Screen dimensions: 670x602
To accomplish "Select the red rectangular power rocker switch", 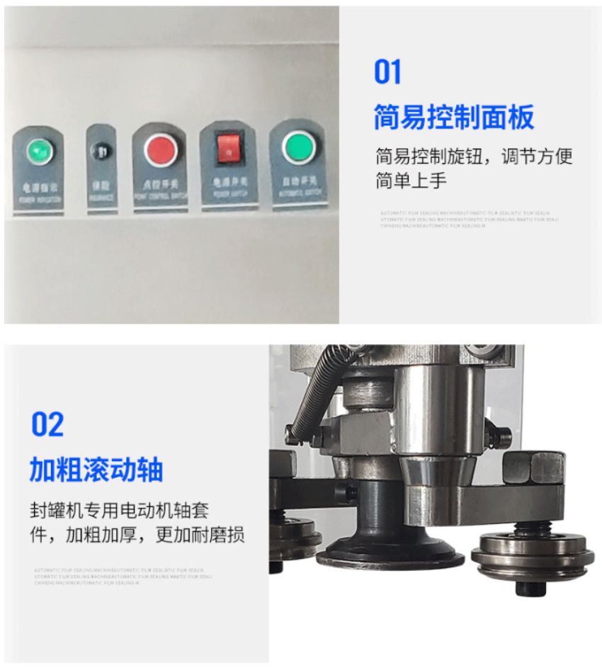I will click(x=229, y=147).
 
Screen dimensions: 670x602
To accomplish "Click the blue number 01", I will click(x=387, y=72).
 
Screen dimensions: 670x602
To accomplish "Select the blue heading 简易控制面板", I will click(x=453, y=118).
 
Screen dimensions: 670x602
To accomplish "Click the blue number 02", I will click(x=47, y=424).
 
